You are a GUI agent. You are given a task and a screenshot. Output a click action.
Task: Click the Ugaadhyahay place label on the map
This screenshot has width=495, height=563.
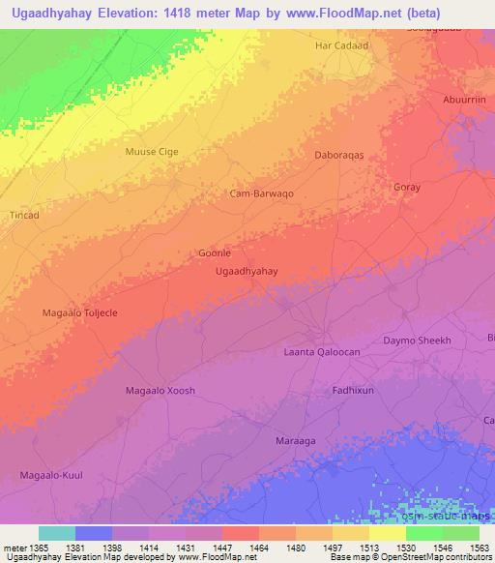coord(246,272)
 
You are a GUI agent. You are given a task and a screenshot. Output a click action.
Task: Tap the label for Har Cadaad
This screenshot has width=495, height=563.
coord(342,45)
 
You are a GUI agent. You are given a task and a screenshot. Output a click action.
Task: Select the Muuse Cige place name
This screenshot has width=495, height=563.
coord(152,152)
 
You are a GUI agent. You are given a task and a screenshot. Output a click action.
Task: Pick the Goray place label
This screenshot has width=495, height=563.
coord(407,188)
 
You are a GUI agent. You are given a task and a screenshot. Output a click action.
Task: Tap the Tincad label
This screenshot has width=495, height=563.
coord(24,215)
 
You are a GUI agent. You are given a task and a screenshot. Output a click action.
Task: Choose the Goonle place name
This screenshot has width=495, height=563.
coord(214,252)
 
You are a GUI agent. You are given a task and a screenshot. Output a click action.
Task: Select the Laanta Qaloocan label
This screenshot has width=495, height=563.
coord(321,352)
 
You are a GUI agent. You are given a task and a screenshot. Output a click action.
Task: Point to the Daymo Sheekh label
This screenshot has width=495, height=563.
coord(418,341)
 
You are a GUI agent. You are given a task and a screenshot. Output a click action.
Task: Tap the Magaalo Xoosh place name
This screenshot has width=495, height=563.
coord(160,390)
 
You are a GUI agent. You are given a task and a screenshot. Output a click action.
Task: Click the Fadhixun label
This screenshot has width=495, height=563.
coord(353,390)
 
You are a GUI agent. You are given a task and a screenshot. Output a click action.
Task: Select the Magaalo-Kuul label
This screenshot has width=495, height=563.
coord(52,474)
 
